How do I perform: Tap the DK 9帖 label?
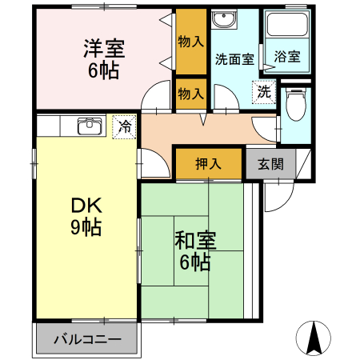point(85,216)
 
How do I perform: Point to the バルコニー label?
point(87,340)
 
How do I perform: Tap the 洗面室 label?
point(234,59)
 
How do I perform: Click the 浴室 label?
point(286,58)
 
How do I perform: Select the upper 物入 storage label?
point(190,41)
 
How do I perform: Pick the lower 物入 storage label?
point(190,93)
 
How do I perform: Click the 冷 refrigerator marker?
point(124,126)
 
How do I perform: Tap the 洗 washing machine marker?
point(263,92)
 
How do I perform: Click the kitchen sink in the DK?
point(89,126)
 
